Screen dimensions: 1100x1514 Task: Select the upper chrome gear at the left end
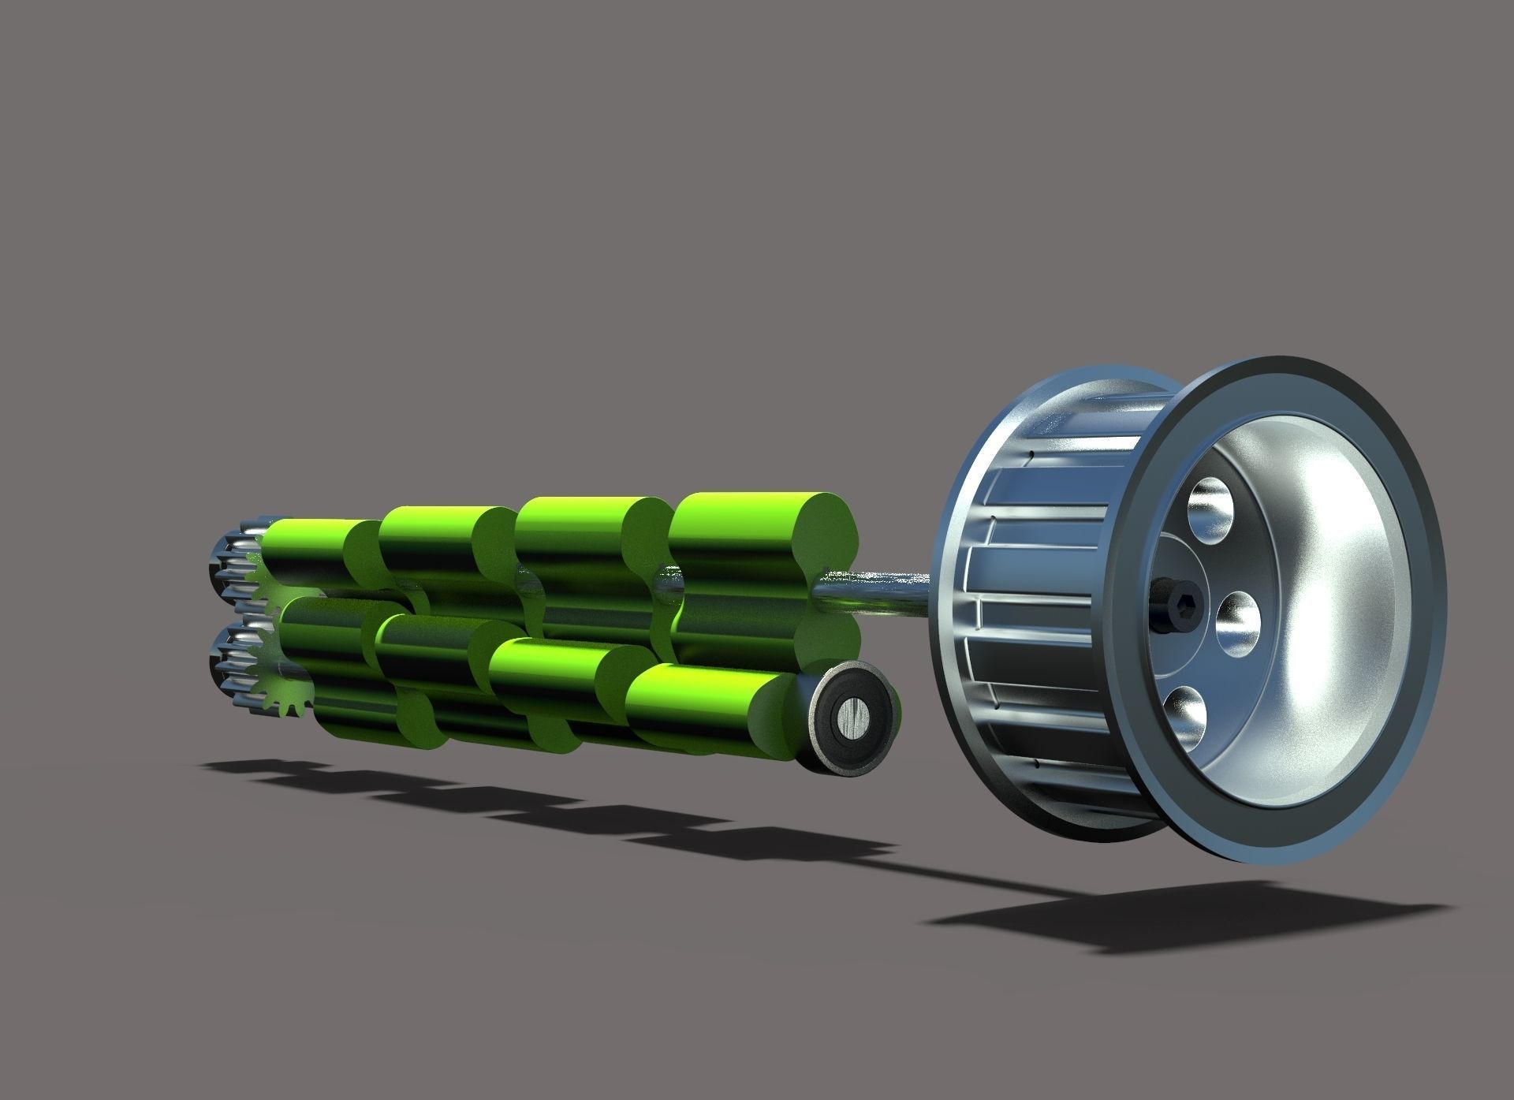point(234,561)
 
